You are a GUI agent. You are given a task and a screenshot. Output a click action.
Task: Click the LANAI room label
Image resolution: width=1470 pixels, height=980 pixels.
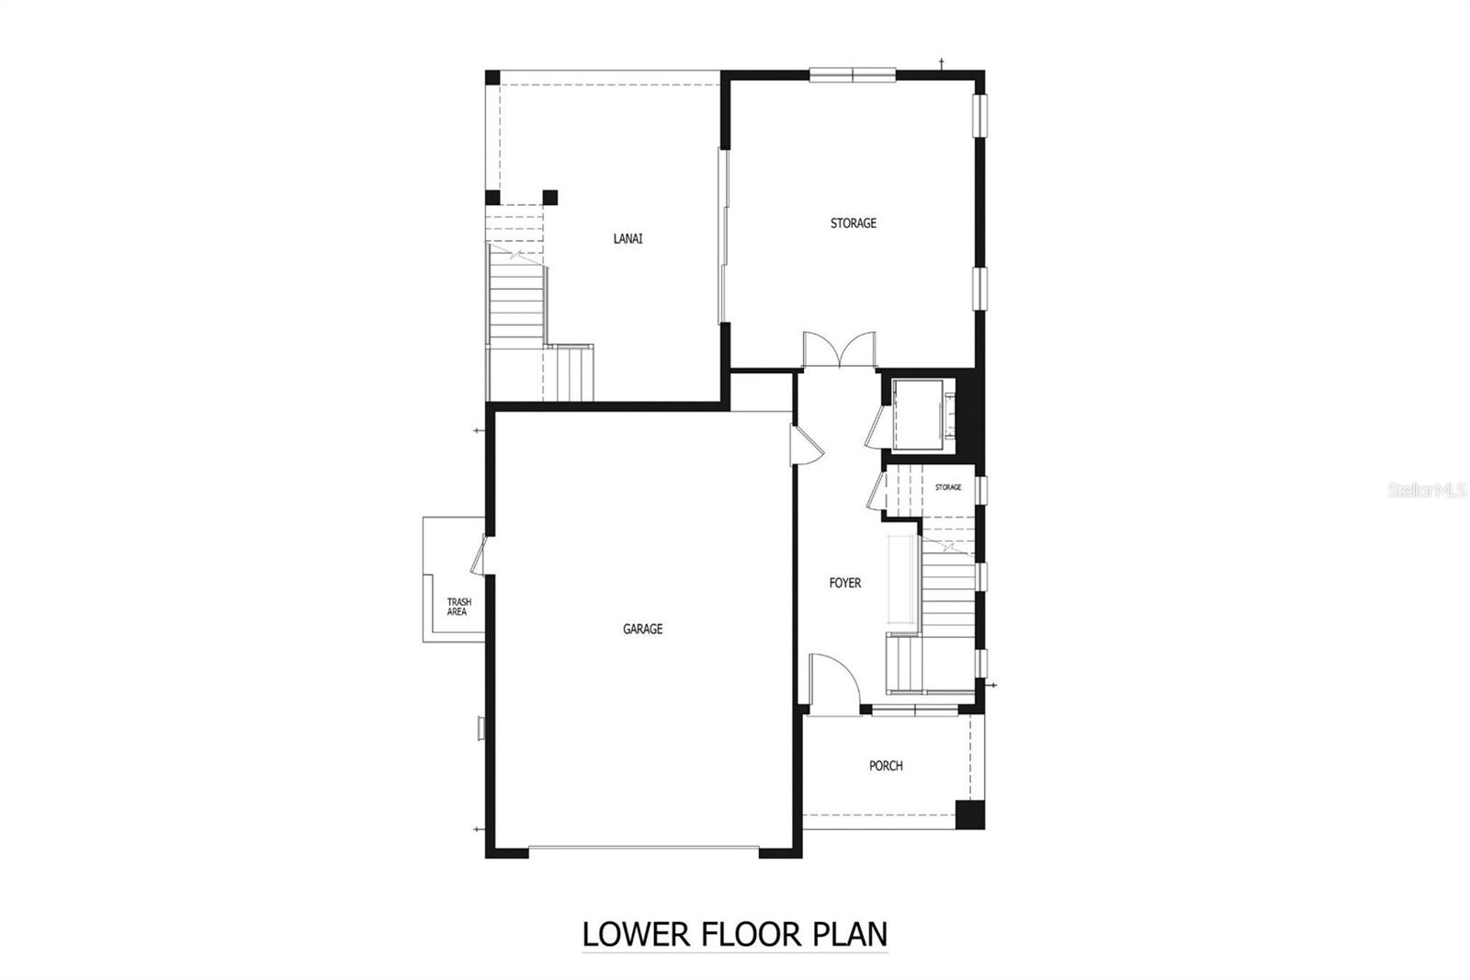[x=628, y=239]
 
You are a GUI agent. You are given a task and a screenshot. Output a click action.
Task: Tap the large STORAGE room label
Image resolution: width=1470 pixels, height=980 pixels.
[x=853, y=223]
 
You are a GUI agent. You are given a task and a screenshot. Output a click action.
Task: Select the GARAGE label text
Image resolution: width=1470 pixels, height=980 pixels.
[x=642, y=630]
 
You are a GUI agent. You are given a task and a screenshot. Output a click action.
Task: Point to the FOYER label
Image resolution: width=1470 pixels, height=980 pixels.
[x=844, y=583]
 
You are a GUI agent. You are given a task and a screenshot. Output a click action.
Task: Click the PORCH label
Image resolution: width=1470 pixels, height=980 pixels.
[x=886, y=766]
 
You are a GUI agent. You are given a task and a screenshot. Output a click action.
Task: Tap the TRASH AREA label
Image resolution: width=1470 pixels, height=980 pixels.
[x=458, y=607]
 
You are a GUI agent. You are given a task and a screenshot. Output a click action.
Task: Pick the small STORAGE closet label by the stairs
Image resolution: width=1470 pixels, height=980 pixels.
[x=948, y=487]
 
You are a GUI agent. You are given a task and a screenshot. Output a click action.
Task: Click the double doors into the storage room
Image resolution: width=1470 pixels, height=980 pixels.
[x=838, y=351]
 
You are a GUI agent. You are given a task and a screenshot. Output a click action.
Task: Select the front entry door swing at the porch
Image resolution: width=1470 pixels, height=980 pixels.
[x=834, y=684]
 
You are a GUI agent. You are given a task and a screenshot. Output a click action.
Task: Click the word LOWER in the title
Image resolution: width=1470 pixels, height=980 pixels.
[x=635, y=935]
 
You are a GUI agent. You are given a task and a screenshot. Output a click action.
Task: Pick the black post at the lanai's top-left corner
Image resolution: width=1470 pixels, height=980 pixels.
[x=492, y=77]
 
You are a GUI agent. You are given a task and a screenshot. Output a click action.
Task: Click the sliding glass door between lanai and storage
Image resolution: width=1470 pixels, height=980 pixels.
[x=723, y=236]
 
